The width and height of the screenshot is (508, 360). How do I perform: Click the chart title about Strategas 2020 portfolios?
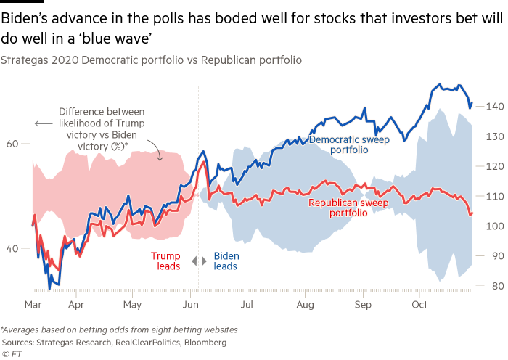click(152, 60)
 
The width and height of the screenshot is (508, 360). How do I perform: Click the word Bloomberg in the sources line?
click(209, 341)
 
